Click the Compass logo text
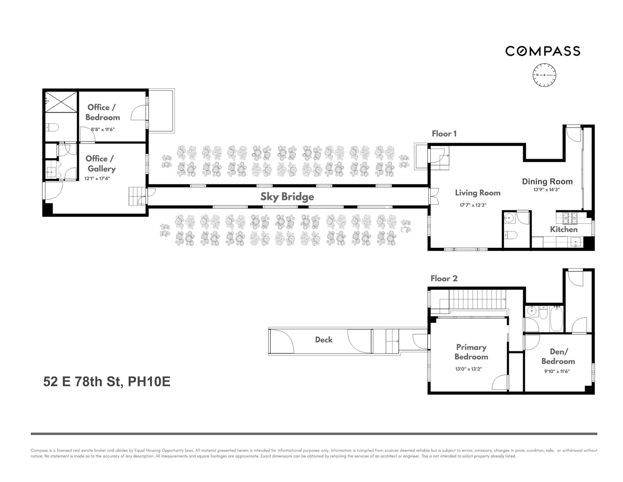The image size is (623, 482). tap(543, 51)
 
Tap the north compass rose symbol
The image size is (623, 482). tap(544, 75)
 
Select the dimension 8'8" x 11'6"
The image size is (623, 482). tap(103, 129)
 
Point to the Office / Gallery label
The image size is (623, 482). tap(100, 164)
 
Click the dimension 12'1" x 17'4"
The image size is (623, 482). tap(97, 179)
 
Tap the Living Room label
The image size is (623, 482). tap(477, 193)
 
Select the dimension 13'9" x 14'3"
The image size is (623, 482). tap(547, 190)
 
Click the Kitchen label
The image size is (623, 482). tap(564, 229)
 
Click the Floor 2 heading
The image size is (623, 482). tap(444, 278)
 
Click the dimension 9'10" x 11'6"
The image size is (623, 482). tap(557, 372)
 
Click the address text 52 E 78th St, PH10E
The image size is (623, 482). tap(107, 382)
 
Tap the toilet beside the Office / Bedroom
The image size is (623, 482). tap(53, 127)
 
